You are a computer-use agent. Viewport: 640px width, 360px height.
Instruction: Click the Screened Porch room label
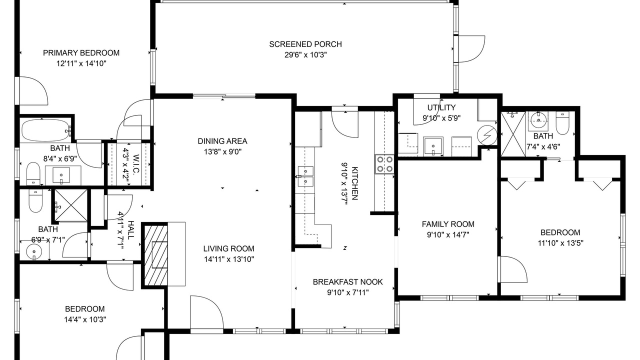305,44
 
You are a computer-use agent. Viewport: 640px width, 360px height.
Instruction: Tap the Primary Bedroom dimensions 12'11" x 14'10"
81,63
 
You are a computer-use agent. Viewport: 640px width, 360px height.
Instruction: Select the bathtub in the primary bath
45,130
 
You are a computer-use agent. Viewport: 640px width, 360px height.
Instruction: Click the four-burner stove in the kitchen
384,164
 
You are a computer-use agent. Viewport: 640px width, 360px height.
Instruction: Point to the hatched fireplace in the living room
156,255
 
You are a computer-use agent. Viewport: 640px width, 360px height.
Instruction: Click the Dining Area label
222,141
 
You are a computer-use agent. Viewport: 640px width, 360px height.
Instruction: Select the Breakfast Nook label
347,282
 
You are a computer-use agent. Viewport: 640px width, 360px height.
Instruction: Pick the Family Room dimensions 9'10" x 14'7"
448,235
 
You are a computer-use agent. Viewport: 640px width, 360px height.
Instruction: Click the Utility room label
441,107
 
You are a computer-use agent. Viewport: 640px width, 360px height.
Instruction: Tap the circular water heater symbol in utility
487,135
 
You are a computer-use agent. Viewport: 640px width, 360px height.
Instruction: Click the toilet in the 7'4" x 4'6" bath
562,123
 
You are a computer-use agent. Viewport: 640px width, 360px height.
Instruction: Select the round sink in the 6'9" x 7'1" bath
34,252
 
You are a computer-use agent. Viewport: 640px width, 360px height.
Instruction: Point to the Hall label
131,230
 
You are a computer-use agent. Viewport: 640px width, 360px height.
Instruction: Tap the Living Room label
229,249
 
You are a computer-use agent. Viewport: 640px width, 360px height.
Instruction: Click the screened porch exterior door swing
471,49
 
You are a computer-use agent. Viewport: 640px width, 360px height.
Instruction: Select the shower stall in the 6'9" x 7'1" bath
71,205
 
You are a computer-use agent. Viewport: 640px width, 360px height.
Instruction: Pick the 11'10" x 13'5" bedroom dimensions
560,243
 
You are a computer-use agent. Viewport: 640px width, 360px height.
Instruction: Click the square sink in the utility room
433,146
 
